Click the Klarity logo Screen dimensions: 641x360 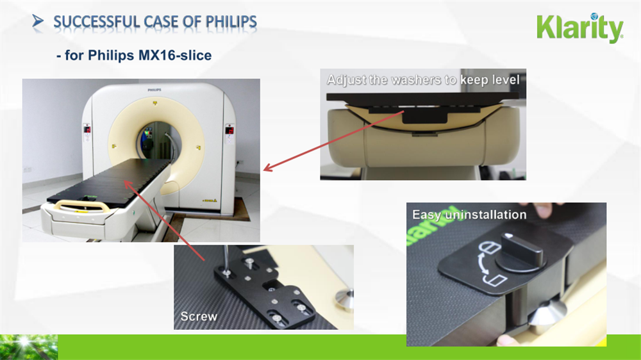click(x=580, y=28)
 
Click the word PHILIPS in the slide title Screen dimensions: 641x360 click(x=231, y=22)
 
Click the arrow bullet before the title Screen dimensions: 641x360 click(x=38, y=21)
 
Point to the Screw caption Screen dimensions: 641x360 click(x=199, y=316)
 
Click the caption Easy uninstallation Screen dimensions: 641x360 click(x=469, y=215)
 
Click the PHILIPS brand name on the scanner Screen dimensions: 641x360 click(x=154, y=90)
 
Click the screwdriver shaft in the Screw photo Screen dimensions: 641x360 click(x=226, y=258)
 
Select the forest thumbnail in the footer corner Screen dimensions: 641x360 click(x=29, y=347)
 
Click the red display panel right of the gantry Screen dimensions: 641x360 click(x=229, y=130)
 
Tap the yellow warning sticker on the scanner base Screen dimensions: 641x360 click(x=210, y=200)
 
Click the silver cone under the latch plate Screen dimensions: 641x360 click(x=547, y=315)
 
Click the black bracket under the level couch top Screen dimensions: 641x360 click(x=425, y=117)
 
